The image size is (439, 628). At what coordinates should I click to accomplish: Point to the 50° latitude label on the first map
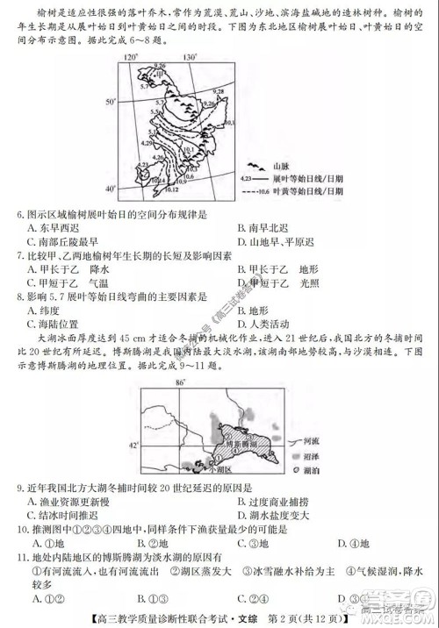point(111,103)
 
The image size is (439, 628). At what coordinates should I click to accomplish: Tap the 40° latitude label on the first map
point(111,189)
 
